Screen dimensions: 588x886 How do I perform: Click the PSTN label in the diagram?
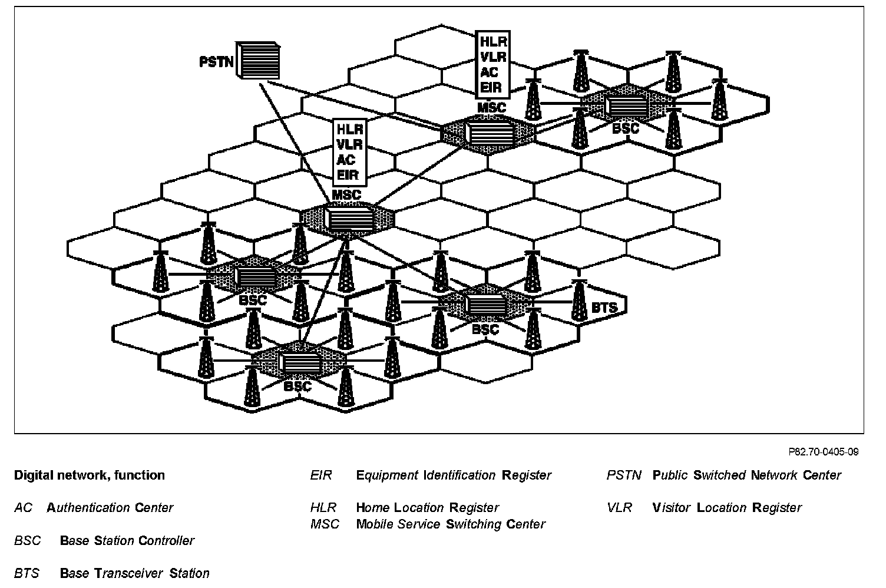216,62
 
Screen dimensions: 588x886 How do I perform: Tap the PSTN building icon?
258,60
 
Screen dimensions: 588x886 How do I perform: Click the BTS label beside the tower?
604,307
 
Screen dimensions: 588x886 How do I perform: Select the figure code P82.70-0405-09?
823,452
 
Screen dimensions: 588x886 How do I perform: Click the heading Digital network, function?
90,475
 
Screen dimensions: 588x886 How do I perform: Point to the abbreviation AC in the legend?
24,507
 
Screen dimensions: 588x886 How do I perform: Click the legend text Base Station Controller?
127,540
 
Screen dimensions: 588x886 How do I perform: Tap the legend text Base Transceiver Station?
134,573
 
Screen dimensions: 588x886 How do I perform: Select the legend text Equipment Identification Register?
454,475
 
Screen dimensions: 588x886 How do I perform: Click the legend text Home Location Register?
427,507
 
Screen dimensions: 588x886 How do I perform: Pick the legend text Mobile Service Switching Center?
451,524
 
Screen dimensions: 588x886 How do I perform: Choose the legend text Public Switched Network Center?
746,475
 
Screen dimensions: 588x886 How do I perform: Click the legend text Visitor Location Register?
727,507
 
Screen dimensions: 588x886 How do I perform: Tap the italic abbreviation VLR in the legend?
619,507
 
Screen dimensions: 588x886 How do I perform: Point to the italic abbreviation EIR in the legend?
321,475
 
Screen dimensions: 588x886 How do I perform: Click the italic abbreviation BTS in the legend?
27,573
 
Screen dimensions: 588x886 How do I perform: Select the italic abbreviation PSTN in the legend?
624,475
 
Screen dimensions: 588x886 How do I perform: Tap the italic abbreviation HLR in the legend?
323,507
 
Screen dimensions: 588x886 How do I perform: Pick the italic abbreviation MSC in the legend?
325,524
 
